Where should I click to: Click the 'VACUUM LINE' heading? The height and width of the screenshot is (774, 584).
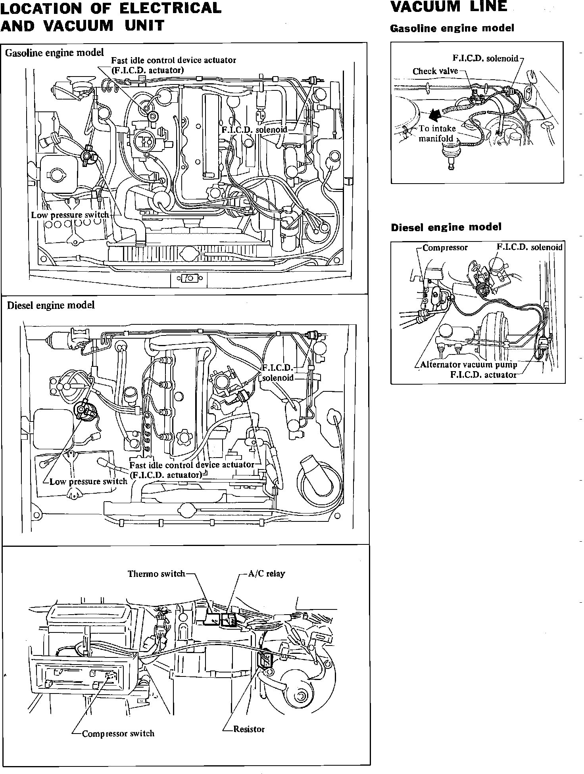pyautogui.click(x=449, y=7)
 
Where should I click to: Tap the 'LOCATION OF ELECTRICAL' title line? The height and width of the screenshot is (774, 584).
pyautogui.click(x=111, y=8)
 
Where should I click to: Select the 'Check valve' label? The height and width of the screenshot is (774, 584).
pyautogui.click(x=435, y=71)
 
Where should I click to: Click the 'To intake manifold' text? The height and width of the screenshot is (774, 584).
pyautogui.click(x=437, y=134)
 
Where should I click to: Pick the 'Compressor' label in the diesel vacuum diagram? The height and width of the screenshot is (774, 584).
pyautogui.click(x=445, y=248)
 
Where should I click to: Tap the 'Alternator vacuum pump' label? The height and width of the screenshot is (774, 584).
pyautogui.click(x=469, y=365)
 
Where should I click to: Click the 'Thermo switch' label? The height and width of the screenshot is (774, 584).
pyautogui.click(x=156, y=574)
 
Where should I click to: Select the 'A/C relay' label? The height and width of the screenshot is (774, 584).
pyautogui.click(x=266, y=574)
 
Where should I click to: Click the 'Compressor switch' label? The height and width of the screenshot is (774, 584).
pyautogui.click(x=118, y=734)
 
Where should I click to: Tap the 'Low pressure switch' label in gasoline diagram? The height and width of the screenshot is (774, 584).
pyautogui.click(x=70, y=215)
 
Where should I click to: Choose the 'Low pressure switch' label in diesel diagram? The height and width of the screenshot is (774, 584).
pyautogui.click(x=88, y=481)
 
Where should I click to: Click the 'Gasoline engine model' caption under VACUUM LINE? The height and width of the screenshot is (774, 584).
pyautogui.click(x=452, y=28)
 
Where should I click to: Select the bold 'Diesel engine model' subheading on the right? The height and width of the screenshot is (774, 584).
pyautogui.click(x=446, y=227)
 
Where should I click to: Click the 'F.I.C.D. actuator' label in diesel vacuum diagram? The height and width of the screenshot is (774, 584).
pyautogui.click(x=483, y=375)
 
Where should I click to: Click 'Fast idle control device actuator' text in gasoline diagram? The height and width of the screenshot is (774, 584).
pyautogui.click(x=173, y=60)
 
